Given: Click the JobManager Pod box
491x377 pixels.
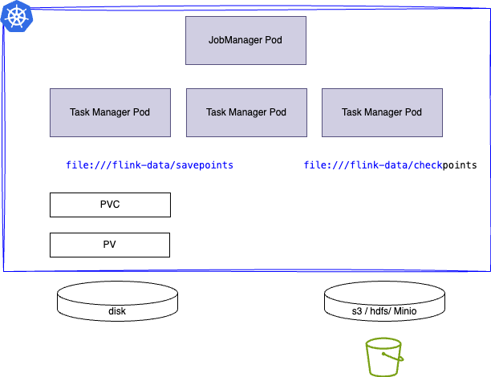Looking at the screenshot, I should [245, 40].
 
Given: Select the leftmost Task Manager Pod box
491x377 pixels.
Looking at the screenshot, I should [110, 112].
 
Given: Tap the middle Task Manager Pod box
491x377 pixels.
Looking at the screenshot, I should [245, 112].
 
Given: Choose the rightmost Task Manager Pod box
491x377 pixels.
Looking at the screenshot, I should [382, 112].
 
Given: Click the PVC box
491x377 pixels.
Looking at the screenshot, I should [110, 205].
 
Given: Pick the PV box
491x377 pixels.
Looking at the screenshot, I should [110, 245].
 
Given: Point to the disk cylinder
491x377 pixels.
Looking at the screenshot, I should [117, 305].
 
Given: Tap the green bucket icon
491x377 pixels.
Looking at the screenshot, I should [383, 359].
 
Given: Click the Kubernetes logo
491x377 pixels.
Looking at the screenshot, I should [15, 15].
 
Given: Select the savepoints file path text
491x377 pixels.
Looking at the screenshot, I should [149, 165].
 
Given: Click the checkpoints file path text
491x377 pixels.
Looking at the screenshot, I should [390, 165].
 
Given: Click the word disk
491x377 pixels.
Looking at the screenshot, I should [117, 311].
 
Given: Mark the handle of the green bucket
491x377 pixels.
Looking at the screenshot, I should [383, 343].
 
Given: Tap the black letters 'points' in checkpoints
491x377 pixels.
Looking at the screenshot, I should [460, 165].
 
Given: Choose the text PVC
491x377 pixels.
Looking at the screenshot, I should [110, 205].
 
